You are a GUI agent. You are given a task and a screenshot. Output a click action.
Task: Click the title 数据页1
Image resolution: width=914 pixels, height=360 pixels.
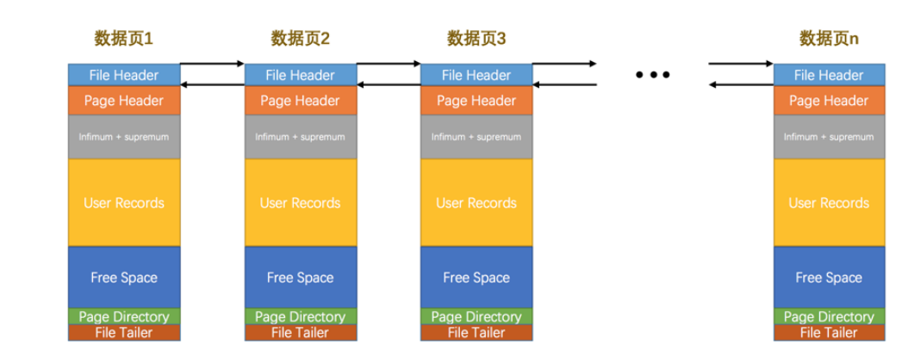tap(124, 39)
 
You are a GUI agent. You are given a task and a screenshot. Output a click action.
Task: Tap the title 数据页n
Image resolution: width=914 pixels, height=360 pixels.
tap(829, 39)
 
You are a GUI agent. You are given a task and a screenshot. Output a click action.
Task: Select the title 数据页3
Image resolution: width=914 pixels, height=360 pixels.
tap(476, 39)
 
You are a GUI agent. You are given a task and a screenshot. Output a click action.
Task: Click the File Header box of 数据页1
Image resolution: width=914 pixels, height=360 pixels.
tap(124, 75)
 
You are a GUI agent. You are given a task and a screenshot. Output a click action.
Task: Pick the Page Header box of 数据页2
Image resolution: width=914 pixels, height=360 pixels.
tap(300, 101)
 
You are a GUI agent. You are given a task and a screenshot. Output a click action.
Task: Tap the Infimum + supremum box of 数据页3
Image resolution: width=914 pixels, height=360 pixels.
tap(476, 137)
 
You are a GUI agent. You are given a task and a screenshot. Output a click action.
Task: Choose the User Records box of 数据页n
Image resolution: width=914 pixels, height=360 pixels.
tap(829, 203)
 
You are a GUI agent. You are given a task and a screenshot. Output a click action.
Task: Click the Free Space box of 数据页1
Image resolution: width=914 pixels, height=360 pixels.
tap(124, 277)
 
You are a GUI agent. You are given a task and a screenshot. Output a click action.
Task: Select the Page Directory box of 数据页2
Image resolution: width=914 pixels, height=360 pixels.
tap(300, 317)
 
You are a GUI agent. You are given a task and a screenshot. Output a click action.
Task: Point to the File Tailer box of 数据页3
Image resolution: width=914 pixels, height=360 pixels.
tap(476, 332)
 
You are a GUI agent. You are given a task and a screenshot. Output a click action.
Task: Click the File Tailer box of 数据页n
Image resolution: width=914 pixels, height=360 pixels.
tap(829, 332)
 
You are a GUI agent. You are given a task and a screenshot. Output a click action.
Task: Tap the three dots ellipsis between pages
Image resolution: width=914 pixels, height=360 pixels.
tap(652, 75)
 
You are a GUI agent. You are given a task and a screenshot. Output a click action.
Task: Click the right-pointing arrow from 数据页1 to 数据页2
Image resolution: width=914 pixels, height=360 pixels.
tap(213, 64)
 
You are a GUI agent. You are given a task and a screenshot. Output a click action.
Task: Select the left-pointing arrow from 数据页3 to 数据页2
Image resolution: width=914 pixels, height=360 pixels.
tap(389, 84)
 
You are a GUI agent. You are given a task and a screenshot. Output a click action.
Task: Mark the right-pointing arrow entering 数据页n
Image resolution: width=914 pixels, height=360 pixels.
tap(741, 64)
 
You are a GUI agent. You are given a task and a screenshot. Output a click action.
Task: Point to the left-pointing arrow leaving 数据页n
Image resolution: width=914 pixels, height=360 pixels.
tap(741, 84)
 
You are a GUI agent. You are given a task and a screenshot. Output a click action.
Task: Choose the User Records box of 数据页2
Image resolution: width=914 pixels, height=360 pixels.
tap(300, 203)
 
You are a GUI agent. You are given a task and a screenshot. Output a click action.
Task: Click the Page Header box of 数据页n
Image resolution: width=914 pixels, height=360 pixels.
tap(829, 101)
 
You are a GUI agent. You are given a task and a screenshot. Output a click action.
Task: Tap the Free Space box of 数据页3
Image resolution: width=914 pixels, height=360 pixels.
tap(476, 277)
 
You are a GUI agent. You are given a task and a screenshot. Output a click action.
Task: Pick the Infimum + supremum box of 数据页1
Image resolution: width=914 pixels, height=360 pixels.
tap(124, 137)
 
